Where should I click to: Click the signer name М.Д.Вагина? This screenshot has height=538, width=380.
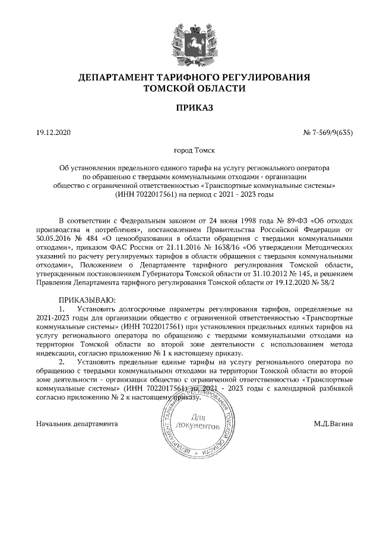[334, 424]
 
